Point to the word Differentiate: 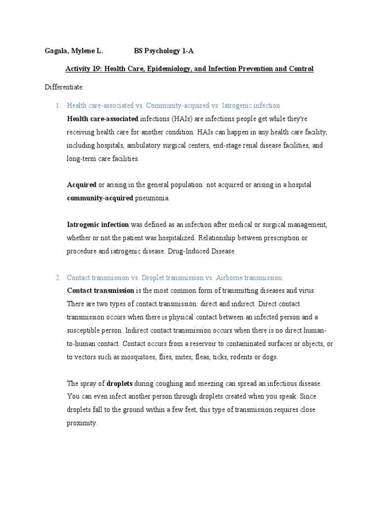click(x=65, y=87)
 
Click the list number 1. click(x=57, y=105)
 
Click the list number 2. click(x=57, y=278)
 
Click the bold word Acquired click(x=81, y=185)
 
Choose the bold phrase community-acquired click(x=100, y=198)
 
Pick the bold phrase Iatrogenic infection click(x=98, y=224)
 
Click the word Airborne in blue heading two click(x=230, y=278)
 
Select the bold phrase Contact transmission click(x=100, y=291)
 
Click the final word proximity click(x=82, y=423)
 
